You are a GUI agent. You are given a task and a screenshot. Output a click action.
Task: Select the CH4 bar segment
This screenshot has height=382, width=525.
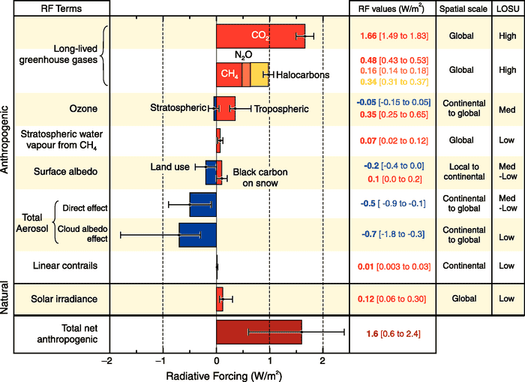[228, 73]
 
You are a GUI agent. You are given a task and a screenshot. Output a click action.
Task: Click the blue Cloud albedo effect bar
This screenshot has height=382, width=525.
[197, 234]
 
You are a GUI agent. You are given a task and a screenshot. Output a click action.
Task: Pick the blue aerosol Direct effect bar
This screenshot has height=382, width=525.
[202, 204]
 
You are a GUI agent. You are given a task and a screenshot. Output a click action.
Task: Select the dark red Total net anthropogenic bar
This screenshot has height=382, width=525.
[259, 331]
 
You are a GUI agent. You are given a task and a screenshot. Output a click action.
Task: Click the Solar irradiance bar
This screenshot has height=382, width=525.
[220, 299]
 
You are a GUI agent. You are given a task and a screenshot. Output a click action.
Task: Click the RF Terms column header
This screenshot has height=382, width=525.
[55, 8]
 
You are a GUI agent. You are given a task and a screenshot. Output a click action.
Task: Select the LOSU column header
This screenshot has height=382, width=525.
[506, 8]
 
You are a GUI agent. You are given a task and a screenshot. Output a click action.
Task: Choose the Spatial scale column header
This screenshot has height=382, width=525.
[462, 8]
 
